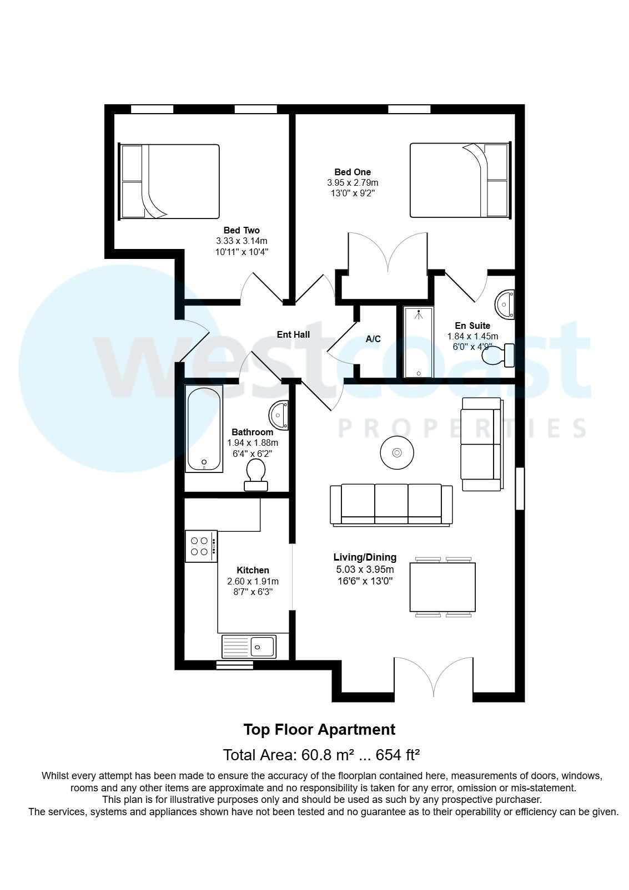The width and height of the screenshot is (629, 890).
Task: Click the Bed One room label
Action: point(353,172)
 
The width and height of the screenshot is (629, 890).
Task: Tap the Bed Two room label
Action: point(241,230)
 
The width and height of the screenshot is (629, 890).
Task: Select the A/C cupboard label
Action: point(373,339)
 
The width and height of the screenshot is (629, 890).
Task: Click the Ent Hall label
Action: point(293,334)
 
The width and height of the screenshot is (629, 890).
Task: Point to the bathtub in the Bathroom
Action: point(204,429)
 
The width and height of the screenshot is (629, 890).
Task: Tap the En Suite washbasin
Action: point(505,304)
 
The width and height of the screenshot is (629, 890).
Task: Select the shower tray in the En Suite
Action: point(419,342)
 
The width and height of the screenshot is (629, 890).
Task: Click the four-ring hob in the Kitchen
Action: point(200,546)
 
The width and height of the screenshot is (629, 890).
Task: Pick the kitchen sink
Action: point(249,646)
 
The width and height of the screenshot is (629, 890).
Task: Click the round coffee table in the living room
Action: point(396,453)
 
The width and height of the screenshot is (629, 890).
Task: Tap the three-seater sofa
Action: point(391,504)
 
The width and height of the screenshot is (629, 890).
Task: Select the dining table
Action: point(442,587)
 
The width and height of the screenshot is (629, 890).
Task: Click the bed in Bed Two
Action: point(170,181)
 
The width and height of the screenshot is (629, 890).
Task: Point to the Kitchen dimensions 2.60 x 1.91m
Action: point(253,581)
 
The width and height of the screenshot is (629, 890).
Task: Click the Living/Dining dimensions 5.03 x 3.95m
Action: point(365,569)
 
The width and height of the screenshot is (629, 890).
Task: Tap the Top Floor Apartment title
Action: point(319,730)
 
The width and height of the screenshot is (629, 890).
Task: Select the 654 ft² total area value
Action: point(397,755)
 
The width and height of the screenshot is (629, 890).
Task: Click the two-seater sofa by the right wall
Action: point(481,444)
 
